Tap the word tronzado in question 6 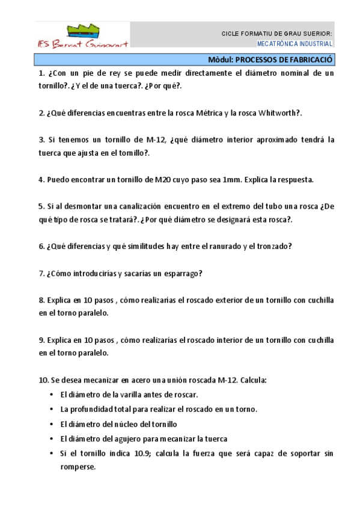(x=274, y=246)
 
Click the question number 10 (x=43, y=380)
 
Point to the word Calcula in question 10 (x=252, y=380)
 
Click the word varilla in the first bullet (x=138, y=395)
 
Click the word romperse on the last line (x=78, y=466)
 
